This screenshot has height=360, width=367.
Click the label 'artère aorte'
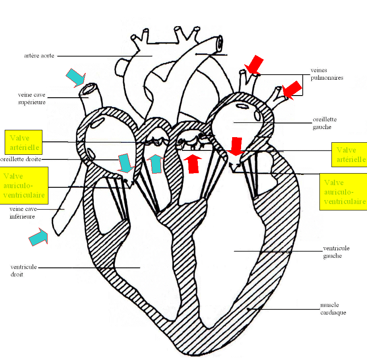(x=39, y=56)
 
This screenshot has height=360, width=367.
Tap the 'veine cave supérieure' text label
(x=32, y=98)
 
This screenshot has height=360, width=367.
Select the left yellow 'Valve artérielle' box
(x=24, y=143)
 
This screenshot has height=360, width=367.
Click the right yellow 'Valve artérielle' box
(x=349, y=155)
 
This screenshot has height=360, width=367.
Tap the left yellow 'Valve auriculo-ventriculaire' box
(x=24, y=185)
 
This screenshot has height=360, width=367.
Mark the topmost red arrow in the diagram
(x=253, y=65)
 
